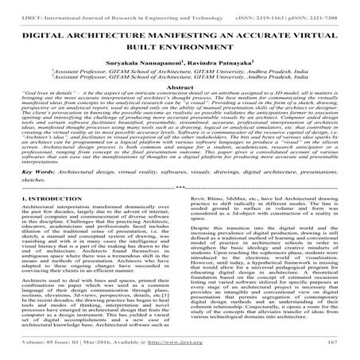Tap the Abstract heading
click(180, 86)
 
